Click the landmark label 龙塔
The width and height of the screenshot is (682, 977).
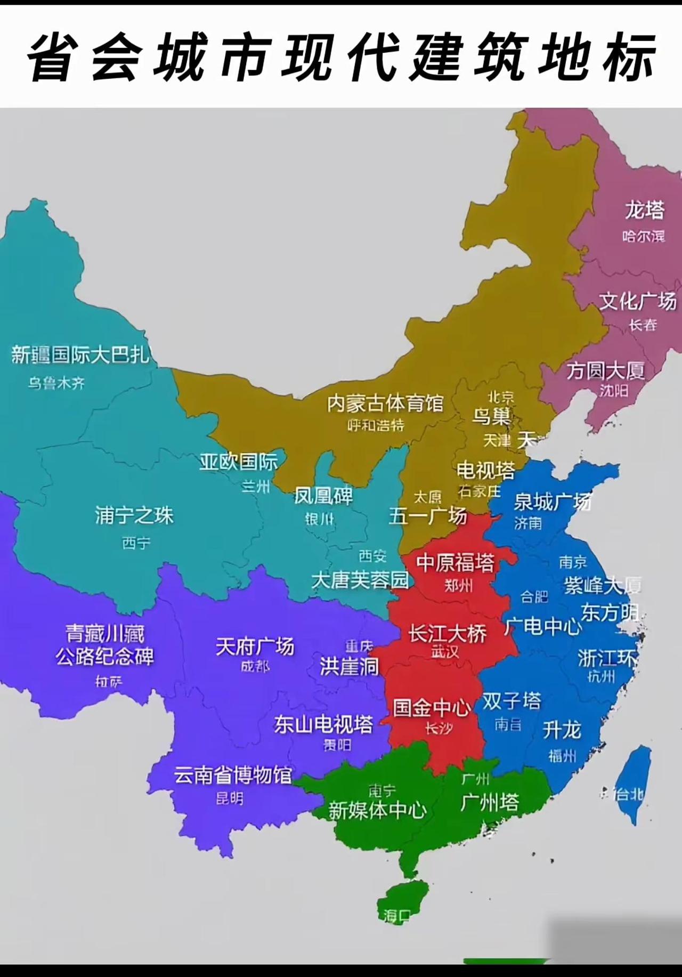click(645, 210)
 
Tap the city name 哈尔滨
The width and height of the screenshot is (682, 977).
click(644, 236)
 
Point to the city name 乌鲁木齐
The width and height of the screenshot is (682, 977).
click(56, 383)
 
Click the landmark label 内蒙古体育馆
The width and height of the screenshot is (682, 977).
click(385, 403)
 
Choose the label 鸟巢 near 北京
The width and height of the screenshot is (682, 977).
click(491, 416)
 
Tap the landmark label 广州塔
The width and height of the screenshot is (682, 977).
click(489, 802)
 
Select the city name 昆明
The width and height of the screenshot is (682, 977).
click(230, 798)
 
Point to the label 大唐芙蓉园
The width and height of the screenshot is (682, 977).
click(360, 580)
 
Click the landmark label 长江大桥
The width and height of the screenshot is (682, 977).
click(448, 634)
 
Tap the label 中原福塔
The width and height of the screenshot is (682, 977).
click(456, 563)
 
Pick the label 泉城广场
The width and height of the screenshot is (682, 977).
click(552, 502)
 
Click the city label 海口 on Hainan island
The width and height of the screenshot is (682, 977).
click(397, 916)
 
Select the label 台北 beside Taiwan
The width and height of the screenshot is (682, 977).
click(630, 795)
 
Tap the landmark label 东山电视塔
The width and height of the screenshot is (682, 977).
click(323, 724)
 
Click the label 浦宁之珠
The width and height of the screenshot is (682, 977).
click(134, 515)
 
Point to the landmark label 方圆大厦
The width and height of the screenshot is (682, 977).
click(605, 370)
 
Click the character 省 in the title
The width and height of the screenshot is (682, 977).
click(51, 58)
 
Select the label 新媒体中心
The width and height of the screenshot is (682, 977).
click(377, 810)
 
